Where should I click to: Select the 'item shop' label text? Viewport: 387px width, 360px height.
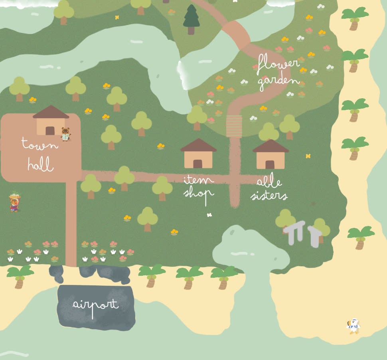coord(199,187)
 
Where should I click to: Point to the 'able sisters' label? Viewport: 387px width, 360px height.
coord(269,189)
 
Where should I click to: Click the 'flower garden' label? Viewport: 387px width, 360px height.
coord(278,72)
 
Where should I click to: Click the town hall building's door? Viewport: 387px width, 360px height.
coord(50,131)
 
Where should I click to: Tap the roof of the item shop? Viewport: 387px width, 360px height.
coord(198,145)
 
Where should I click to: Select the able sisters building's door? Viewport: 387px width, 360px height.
coord(270,164)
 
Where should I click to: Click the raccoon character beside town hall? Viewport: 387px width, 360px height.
coord(65,134)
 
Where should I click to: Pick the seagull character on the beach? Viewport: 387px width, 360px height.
coord(353,326)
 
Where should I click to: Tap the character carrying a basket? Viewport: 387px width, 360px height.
coord(15,202)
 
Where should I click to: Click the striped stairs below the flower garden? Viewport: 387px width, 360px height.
coord(234,126)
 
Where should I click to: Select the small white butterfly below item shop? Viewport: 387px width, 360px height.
coord(209,215)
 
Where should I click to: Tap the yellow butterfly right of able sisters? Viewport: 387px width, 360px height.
coord(308,156)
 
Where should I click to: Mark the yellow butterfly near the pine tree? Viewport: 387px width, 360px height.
coord(117,17)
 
